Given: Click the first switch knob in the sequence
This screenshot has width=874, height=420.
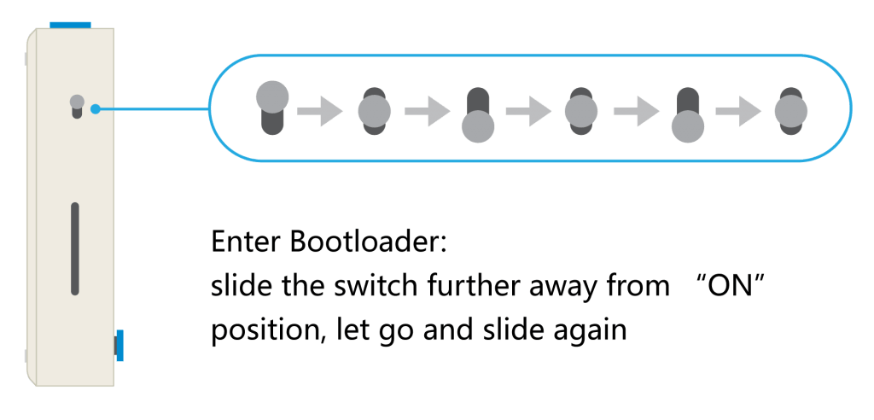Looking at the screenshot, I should click(x=272, y=96).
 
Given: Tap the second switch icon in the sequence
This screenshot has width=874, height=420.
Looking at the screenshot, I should click(x=374, y=110).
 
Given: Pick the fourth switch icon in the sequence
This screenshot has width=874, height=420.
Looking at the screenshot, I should click(x=581, y=110).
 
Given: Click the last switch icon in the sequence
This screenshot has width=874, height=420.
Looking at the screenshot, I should click(x=790, y=110).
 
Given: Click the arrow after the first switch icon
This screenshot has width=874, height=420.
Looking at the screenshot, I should click(x=319, y=111).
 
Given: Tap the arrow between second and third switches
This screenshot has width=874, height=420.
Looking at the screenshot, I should click(x=427, y=111).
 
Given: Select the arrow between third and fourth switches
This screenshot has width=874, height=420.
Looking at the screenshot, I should click(x=528, y=111).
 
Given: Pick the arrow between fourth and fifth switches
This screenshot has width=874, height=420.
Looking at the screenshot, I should click(x=636, y=111).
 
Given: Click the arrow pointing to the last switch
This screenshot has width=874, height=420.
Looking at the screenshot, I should click(x=738, y=111).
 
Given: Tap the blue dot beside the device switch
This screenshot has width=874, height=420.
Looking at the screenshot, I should click(x=96, y=108).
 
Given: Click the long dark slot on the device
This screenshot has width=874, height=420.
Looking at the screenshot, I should click(x=75, y=248).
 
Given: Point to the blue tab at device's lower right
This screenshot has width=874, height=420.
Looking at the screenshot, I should click(x=119, y=345).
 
